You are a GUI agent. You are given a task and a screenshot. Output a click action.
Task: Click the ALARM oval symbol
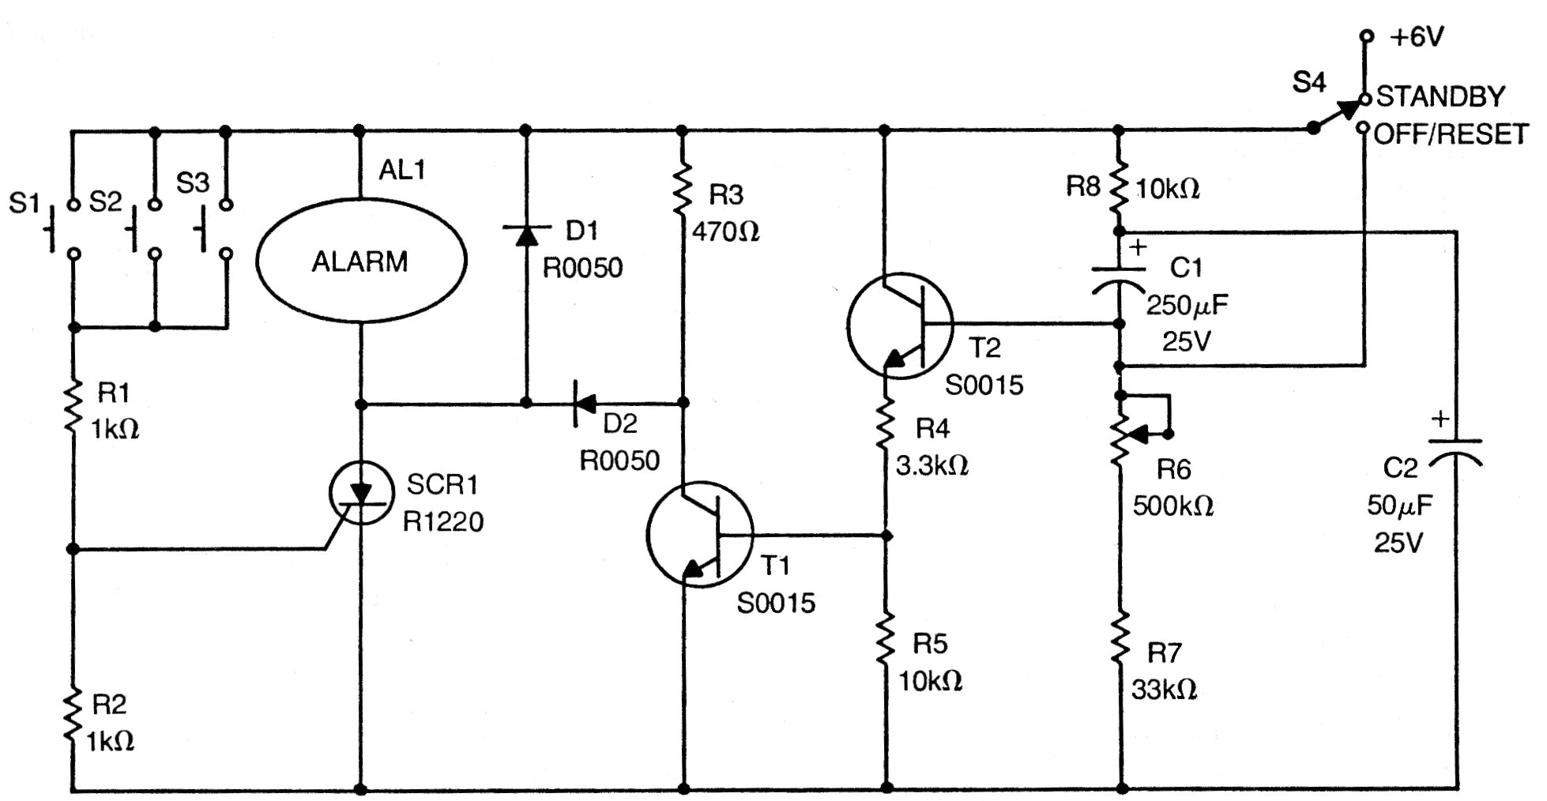point(361,261)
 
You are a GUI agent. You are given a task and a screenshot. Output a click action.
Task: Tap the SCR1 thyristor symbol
point(361,494)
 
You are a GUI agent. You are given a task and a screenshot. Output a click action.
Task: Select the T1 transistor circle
point(700,535)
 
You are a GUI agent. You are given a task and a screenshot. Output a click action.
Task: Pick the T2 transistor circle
point(900,325)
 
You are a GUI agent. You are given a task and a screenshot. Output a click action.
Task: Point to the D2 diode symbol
point(585,404)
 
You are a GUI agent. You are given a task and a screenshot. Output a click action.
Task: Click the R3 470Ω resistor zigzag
point(683,190)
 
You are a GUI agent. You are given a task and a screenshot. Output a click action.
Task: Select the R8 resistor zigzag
point(1120,187)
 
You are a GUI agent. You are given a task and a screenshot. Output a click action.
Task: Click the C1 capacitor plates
point(1120,278)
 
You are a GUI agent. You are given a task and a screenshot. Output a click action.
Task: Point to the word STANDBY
point(1440,96)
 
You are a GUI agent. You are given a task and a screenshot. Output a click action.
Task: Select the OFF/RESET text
point(1451,134)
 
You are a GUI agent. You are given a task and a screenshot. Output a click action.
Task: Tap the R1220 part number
point(443,521)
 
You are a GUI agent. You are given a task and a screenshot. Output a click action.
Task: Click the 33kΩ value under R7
point(1164,690)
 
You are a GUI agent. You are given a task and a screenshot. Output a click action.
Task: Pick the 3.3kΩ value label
point(932,465)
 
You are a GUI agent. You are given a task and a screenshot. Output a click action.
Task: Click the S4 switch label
point(1309,82)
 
